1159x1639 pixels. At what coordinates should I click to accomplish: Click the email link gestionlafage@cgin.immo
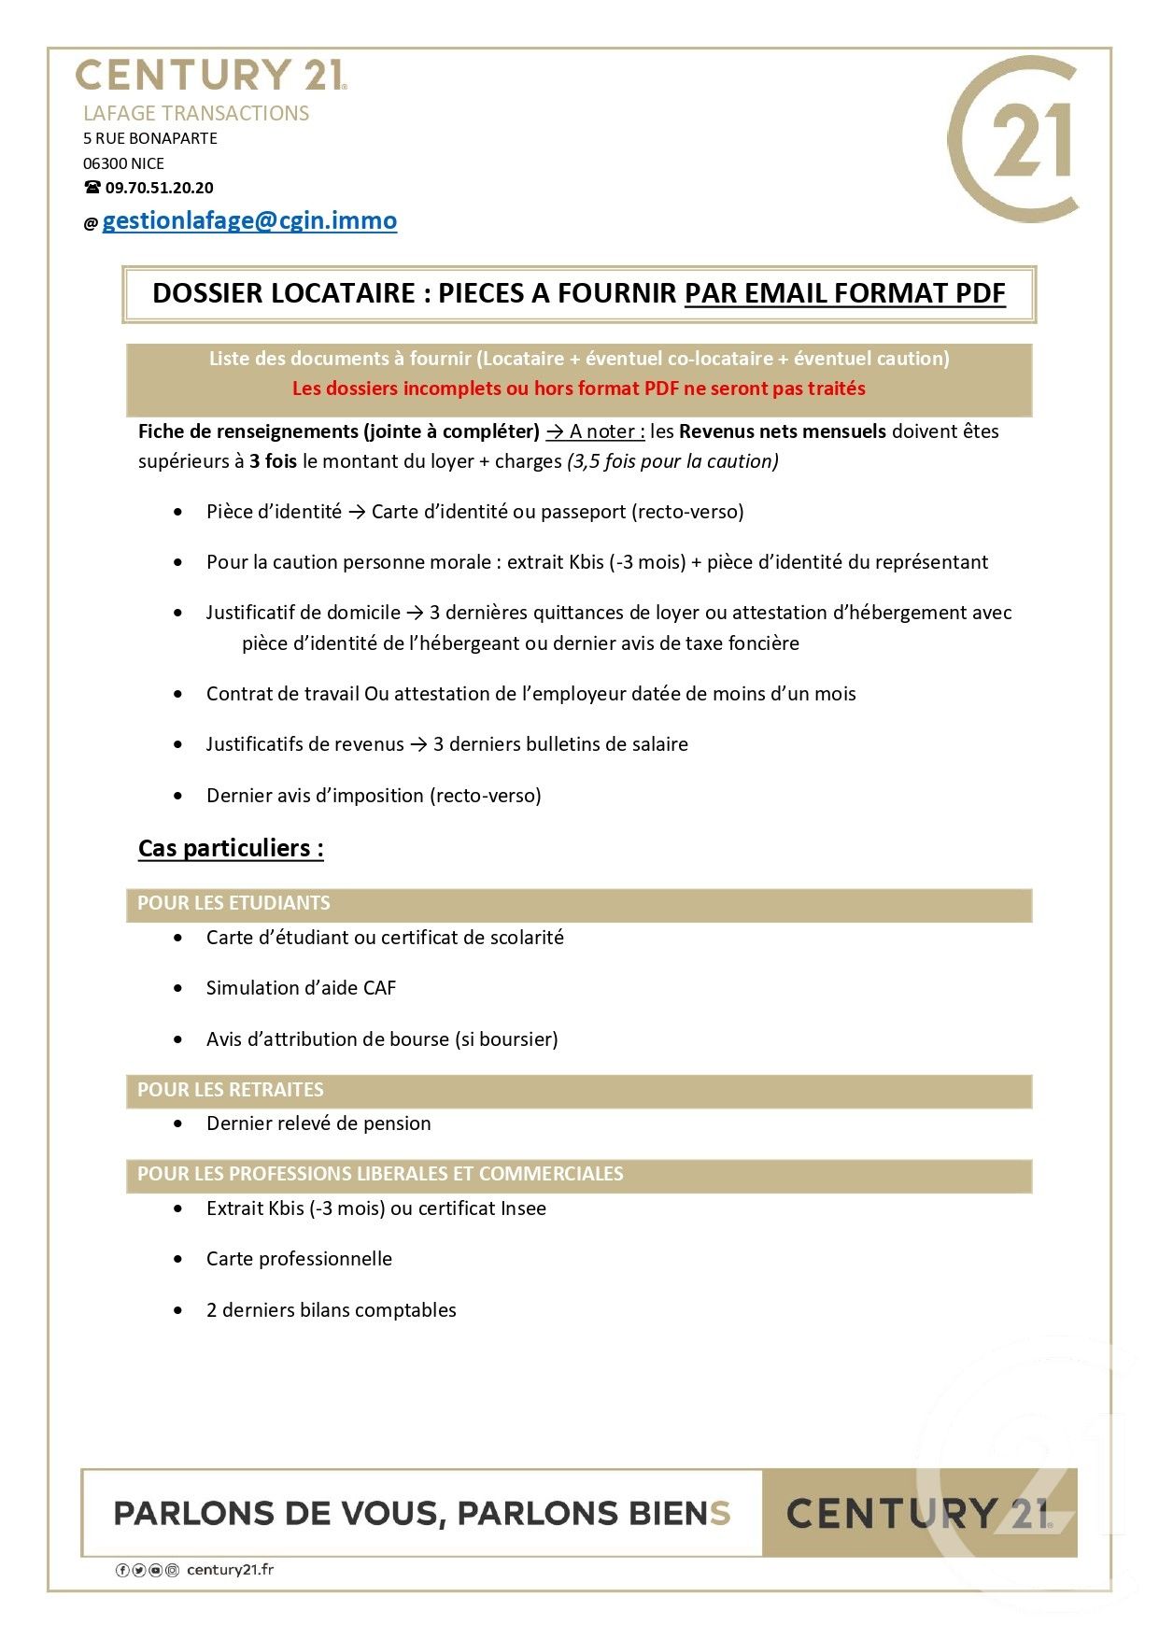point(249,221)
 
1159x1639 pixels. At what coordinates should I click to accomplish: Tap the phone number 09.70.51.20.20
point(159,188)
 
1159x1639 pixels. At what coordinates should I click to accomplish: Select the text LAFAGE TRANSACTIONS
point(196,113)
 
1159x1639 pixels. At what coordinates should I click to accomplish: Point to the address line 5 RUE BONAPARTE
point(150,138)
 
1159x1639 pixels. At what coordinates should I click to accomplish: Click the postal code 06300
point(105,163)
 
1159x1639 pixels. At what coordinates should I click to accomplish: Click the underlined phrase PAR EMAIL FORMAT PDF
point(844,293)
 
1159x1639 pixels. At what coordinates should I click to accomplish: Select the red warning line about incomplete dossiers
point(578,389)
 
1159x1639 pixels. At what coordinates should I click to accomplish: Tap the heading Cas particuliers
point(231,848)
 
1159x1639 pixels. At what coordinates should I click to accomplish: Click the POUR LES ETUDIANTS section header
point(233,903)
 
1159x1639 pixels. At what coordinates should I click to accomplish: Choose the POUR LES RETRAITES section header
point(231,1090)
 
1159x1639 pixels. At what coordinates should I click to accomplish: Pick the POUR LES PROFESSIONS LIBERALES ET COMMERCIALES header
point(380,1174)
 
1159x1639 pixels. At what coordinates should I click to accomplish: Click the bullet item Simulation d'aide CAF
point(301,988)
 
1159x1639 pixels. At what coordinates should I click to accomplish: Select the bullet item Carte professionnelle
point(299,1259)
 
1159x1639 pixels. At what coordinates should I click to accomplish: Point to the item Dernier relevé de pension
point(318,1123)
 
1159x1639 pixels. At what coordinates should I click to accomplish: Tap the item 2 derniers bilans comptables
point(331,1310)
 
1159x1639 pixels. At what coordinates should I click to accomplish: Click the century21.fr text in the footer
point(230,1570)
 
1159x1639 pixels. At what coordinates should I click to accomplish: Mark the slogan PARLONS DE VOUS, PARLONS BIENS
point(421,1513)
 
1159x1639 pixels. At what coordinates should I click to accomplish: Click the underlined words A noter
point(606,431)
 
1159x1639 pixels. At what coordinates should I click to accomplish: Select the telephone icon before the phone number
point(92,188)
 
